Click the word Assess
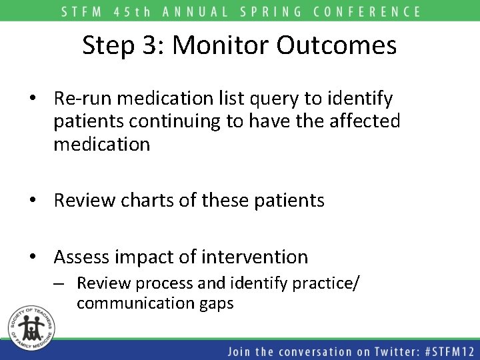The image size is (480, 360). [x=83, y=257]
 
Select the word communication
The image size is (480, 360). [x=133, y=303]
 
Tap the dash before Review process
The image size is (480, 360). [x=60, y=283]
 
